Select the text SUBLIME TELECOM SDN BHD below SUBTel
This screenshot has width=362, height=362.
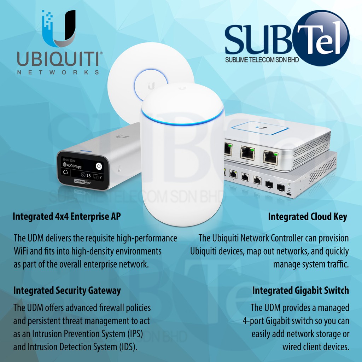pyautogui.click(x=262, y=59)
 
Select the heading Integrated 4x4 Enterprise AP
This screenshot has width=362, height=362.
pyautogui.click(x=66, y=217)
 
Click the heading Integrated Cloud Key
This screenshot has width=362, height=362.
pyautogui.click(x=308, y=217)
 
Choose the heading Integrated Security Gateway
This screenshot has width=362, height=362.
pyautogui.click(x=67, y=291)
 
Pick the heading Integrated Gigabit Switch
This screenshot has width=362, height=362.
pyautogui.click(x=300, y=291)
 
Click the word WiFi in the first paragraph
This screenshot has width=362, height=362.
pyautogui.click(x=22, y=251)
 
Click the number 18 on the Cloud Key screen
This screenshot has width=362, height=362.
pyautogui.click(x=88, y=176)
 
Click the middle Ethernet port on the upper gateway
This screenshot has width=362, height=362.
pyautogui.click(x=247, y=152)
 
